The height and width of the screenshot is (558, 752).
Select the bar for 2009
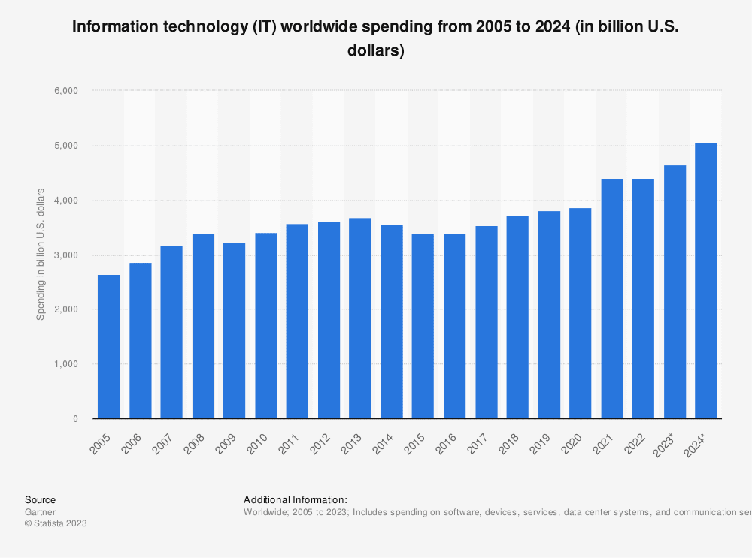(x=235, y=330)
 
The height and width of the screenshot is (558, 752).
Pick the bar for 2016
(x=454, y=326)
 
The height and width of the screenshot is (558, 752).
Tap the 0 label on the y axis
(x=75, y=419)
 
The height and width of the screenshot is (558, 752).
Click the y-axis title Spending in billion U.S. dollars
(x=41, y=254)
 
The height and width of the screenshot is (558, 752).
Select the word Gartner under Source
(x=40, y=512)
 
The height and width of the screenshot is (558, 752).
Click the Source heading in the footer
(x=40, y=499)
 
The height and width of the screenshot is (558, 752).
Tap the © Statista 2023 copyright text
(x=56, y=524)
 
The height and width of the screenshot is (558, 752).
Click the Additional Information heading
(x=295, y=499)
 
